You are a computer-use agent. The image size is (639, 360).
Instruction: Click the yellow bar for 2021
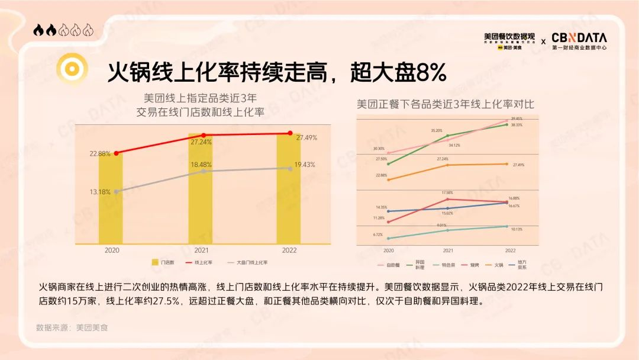pos(200,195)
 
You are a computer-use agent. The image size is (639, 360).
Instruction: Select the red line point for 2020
pos(116,153)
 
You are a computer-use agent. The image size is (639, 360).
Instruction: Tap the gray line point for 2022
pos(290,168)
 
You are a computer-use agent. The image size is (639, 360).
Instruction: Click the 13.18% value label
pos(100,191)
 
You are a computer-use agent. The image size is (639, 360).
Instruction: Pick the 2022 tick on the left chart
pos(289,250)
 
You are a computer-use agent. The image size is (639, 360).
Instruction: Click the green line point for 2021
pos(448,136)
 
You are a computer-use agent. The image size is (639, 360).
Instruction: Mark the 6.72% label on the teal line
pos(377,234)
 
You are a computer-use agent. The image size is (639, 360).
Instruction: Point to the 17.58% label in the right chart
pos(447,192)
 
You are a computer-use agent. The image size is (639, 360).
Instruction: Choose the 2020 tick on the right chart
pos(388,251)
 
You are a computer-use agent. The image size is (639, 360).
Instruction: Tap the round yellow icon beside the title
pos(72,69)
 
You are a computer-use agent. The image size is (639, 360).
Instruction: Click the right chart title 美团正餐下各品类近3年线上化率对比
pos(445,104)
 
